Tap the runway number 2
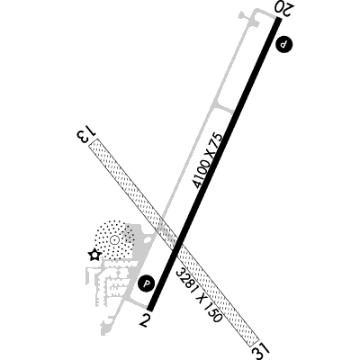point(145,320)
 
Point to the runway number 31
point(261,350)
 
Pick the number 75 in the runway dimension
point(218,140)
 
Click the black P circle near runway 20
point(283,45)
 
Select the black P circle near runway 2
point(146,283)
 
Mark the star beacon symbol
point(94,256)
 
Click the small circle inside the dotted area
point(113,239)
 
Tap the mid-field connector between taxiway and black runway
point(224,108)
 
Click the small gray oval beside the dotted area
point(148,239)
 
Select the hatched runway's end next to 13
point(94,141)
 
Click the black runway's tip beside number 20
point(279,19)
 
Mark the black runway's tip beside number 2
point(150,310)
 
